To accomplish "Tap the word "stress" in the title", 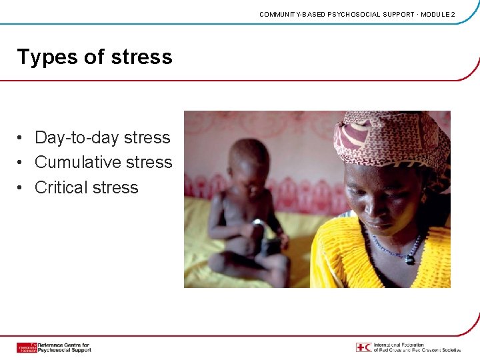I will (141, 58).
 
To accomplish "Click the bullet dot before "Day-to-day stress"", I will (22, 138).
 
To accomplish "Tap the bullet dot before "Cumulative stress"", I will (22, 163).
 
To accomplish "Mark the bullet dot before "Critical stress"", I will (22, 188).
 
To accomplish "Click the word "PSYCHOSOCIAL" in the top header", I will (353, 14).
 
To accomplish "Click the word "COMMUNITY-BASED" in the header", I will (293, 14).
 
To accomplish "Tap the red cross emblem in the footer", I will (363, 347).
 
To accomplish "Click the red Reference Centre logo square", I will (27, 347).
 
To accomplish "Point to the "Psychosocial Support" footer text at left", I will (64, 350).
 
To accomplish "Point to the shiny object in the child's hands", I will (257, 222).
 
